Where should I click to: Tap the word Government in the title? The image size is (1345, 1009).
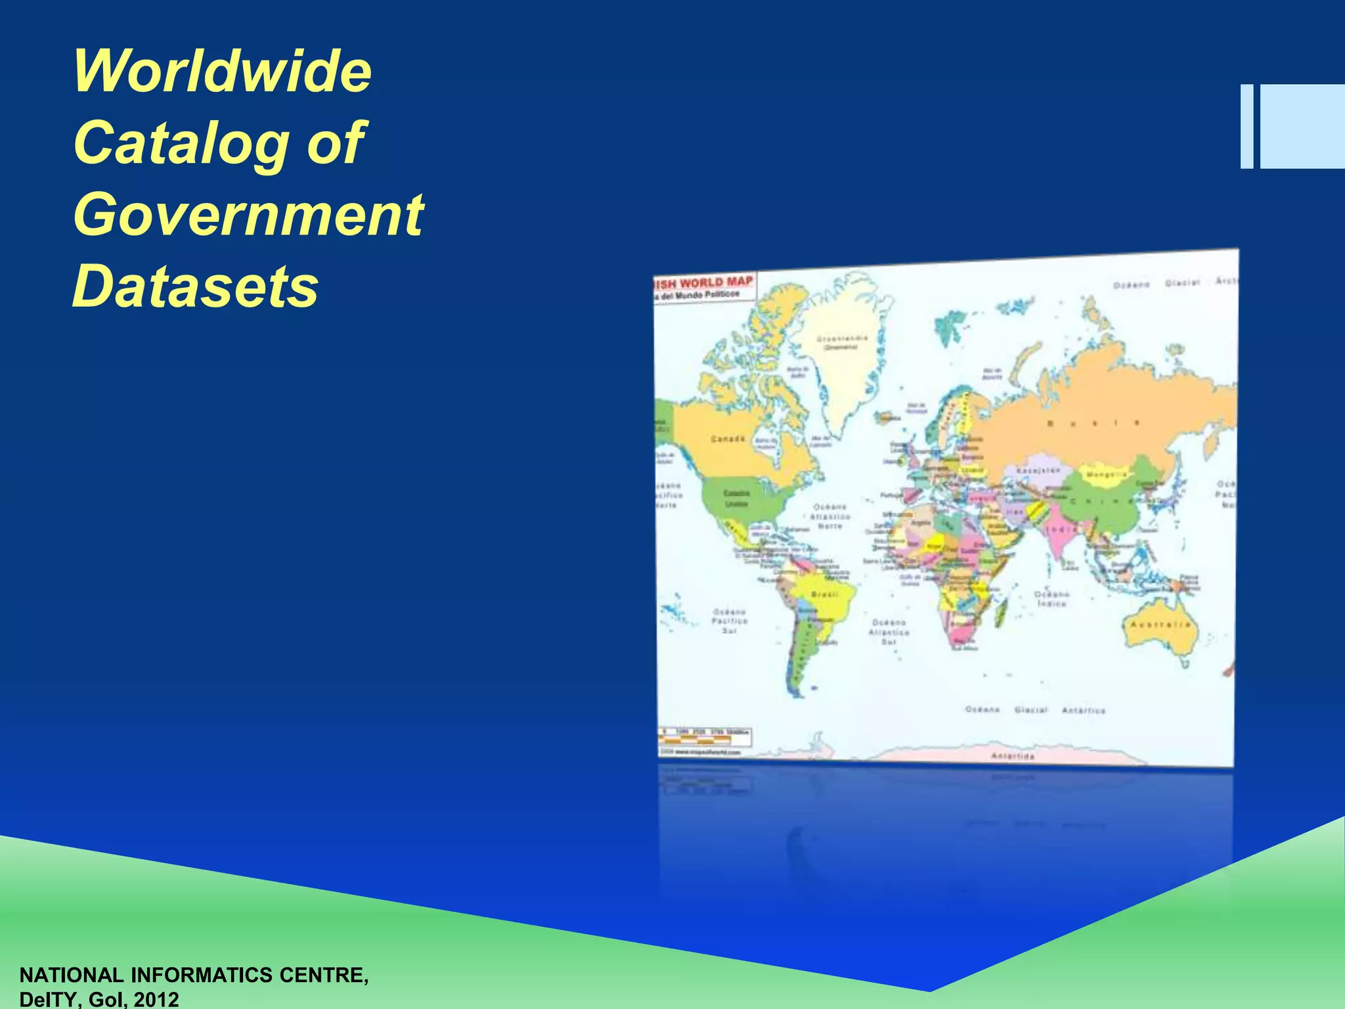point(248,214)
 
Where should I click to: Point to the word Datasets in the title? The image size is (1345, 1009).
point(195,286)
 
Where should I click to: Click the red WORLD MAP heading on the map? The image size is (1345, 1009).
point(716,282)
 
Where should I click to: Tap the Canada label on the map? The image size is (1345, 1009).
point(728,438)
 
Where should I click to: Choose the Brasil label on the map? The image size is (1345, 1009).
point(825,594)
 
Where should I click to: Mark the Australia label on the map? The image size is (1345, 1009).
point(1160,624)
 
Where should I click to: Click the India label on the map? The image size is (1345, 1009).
point(1061,529)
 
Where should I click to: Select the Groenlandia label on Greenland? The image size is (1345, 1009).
point(842,339)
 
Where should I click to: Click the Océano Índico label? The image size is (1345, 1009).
point(1051,598)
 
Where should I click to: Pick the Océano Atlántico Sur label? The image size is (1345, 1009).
point(889,632)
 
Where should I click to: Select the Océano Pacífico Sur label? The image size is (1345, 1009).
point(730,621)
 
